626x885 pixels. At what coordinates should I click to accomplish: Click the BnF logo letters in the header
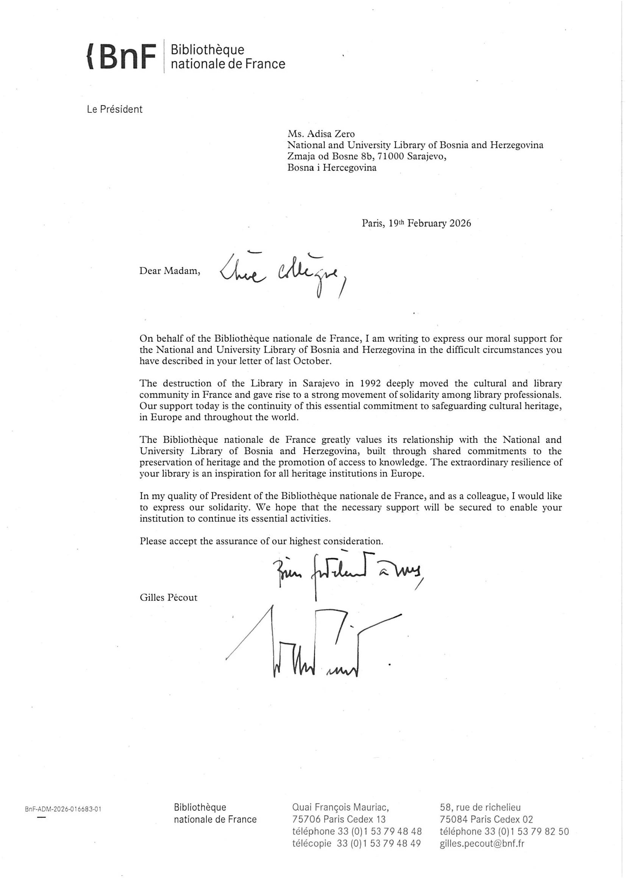[x=122, y=57]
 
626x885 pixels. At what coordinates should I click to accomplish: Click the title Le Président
[x=114, y=109]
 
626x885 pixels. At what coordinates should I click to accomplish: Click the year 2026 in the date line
[x=460, y=223]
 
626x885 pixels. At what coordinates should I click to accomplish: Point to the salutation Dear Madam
[x=170, y=271]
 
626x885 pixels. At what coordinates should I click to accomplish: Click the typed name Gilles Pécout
[x=169, y=597]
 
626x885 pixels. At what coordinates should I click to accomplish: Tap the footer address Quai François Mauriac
[x=340, y=807]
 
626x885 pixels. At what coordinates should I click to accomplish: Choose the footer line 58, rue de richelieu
[x=480, y=807]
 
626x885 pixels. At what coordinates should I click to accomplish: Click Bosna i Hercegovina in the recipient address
[x=332, y=168]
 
